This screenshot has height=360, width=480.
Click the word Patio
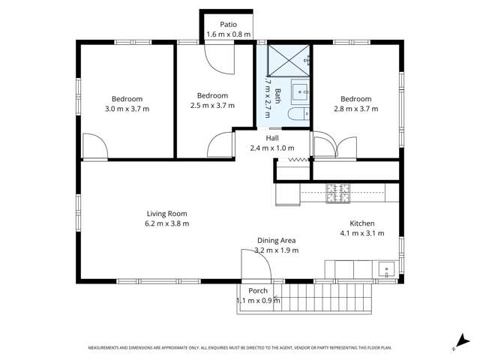click(x=229, y=24)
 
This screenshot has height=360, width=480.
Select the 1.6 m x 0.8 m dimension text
click(x=229, y=34)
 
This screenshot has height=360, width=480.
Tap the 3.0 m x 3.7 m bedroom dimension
click(x=127, y=109)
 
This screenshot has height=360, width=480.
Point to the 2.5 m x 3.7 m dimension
click(x=212, y=106)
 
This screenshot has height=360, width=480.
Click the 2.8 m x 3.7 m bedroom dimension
click(x=355, y=109)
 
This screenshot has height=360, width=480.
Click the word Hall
click(x=273, y=138)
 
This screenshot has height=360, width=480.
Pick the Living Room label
click(x=166, y=213)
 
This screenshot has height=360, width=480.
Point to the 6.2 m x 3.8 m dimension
click(x=166, y=223)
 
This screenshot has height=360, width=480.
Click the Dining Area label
click(x=277, y=240)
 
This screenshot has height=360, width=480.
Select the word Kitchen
click(x=361, y=223)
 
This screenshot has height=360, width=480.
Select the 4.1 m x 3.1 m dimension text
click(x=361, y=233)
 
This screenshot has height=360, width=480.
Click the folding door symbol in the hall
click(x=298, y=159)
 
